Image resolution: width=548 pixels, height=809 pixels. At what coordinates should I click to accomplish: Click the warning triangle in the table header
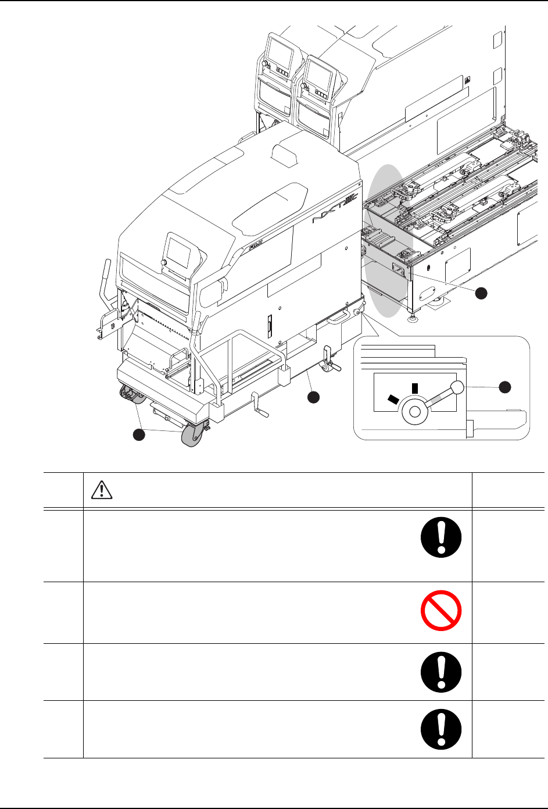tap(102, 491)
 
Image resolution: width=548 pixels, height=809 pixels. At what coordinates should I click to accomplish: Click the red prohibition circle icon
tap(440, 612)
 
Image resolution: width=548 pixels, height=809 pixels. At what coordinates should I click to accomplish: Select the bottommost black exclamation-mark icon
tap(440, 729)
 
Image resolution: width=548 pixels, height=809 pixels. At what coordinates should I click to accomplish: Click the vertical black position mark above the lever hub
tap(414, 388)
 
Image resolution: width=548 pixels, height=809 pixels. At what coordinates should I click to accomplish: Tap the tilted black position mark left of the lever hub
tap(393, 399)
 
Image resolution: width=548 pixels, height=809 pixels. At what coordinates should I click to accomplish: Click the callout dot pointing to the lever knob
tap(505, 386)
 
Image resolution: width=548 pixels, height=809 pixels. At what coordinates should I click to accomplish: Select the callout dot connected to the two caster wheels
tap(138, 435)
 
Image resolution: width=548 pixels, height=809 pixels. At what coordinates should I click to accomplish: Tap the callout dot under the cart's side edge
tap(313, 397)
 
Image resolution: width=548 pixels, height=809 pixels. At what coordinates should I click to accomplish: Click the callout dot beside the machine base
tap(481, 293)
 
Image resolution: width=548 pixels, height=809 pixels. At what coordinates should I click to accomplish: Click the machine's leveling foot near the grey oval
tap(412, 319)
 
